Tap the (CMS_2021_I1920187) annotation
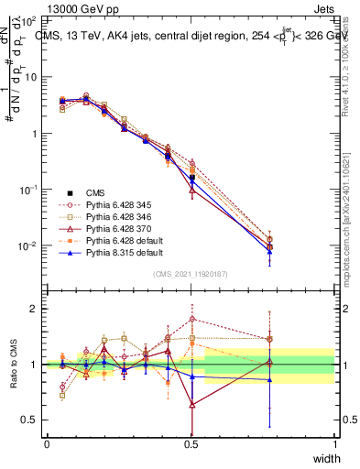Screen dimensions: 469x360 point(191,274)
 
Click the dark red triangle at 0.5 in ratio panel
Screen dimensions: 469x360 point(191,404)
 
